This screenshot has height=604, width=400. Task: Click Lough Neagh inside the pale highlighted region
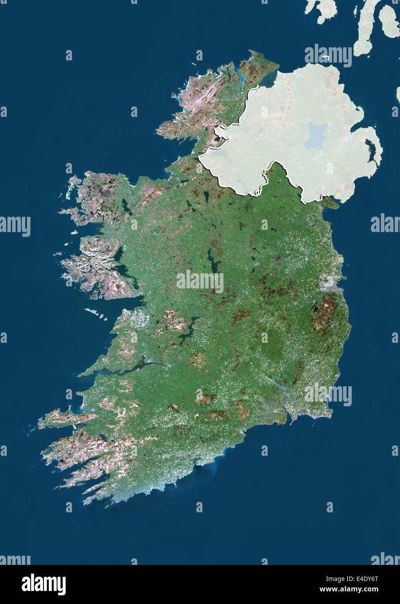pos(316,135)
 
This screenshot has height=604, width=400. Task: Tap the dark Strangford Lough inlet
pos(371,150)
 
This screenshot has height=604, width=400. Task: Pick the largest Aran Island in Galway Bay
pos(93,312)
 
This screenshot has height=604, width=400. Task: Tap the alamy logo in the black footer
pos(43,584)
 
